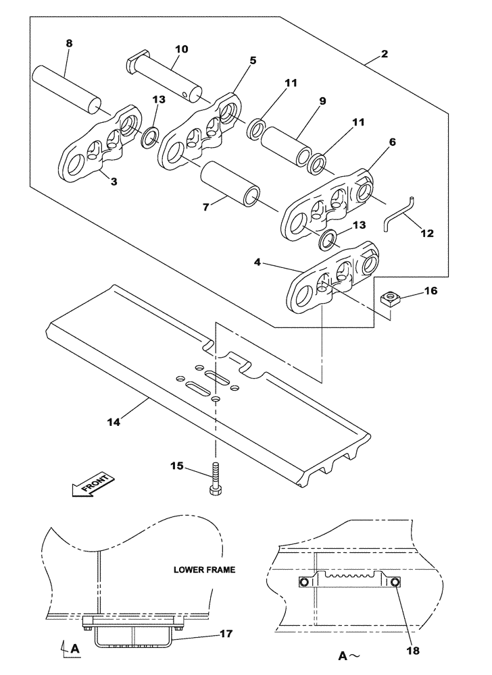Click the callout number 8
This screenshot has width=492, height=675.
[69, 43]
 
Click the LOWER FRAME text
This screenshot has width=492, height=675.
[203, 570]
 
